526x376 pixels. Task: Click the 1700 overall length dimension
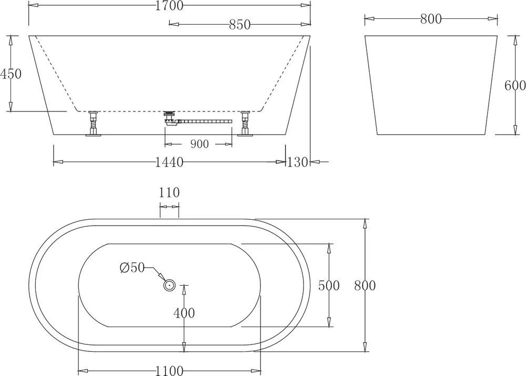pyautogui.click(x=169, y=6)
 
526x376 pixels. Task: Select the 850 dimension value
pyautogui.click(x=239, y=24)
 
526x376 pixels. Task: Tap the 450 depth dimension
pyautogui.click(x=11, y=74)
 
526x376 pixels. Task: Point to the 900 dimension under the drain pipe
pyautogui.click(x=199, y=144)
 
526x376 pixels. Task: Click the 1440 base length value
pyautogui.click(x=169, y=162)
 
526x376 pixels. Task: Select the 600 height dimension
pyautogui.click(x=515, y=86)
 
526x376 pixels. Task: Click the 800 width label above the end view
pyautogui.click(x=431, y=19)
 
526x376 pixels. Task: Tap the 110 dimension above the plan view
pyautogui.click(x=169, y=192)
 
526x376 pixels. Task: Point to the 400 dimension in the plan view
pyautogui.click(x=184, y=313)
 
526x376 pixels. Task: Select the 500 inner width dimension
pyautogui.click(x=329, y=286)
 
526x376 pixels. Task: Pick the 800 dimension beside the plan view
pyautogui.click(x=365, y=286)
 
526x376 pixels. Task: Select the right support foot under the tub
pyautogui.click(x=244, y=124)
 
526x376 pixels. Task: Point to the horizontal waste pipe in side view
pyautogui.click(x=205, y=121)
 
